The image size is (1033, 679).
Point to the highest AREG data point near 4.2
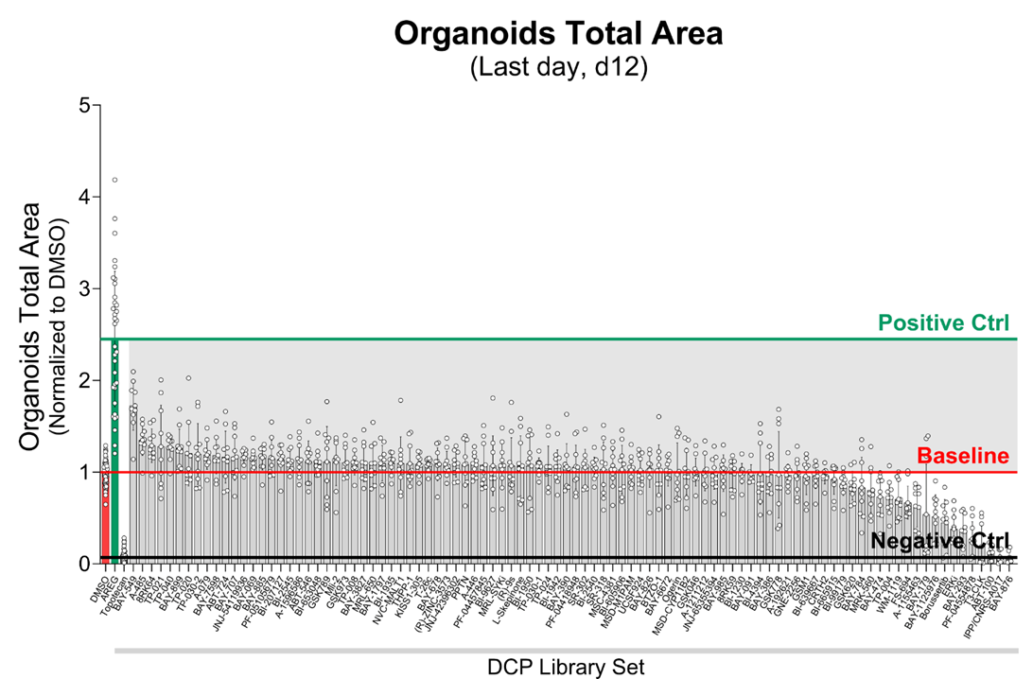[x=114, y=180]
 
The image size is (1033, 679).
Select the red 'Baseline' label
[x=963, y=456]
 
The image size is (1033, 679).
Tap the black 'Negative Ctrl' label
[x=939, y=541]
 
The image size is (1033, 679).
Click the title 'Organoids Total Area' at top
[x=558, y=34]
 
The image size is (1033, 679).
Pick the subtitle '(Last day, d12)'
[x=558, y=69]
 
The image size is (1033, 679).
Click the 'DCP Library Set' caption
[x=566, y=667]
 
